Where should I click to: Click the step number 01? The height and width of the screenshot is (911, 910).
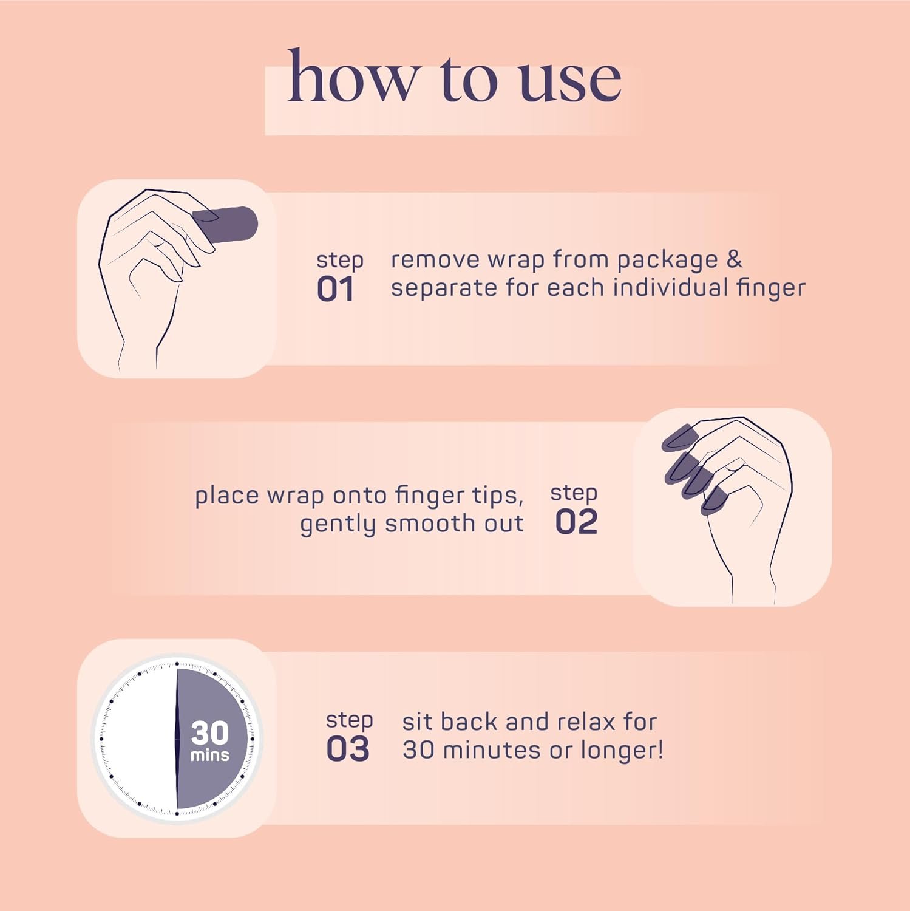coord(335,289)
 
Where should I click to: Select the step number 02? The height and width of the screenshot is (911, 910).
coord(576,522)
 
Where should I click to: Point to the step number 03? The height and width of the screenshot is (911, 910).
coord(348,749)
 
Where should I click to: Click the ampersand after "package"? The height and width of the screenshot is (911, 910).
coord(734,259)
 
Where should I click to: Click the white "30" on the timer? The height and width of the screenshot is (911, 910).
coord(210,732)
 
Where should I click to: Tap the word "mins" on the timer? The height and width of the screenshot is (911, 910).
coord(210,755)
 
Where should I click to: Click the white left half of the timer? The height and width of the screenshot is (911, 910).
coord(140,739)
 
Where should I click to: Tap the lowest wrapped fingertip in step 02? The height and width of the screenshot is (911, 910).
coord(714,500)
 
